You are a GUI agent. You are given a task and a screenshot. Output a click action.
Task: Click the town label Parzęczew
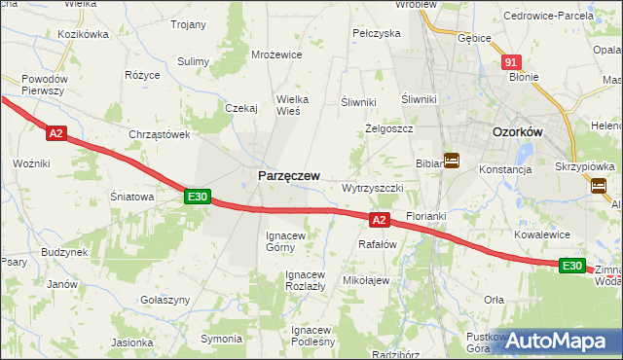[x=288, y=175]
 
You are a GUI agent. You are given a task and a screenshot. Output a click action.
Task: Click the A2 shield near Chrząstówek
[x=55, y=133]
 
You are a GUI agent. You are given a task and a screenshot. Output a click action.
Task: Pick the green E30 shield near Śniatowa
[x=198, y=197]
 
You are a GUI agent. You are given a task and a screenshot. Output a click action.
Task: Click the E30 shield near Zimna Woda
[x=572, y=266]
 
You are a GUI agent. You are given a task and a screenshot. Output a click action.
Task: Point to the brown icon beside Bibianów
[x=452, y=160]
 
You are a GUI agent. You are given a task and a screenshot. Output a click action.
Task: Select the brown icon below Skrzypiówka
[x=599, y=186]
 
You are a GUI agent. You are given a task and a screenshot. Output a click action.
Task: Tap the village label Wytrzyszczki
[x=373, y=188]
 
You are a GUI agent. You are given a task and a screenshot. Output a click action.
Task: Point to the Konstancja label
[x=505, y=169]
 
